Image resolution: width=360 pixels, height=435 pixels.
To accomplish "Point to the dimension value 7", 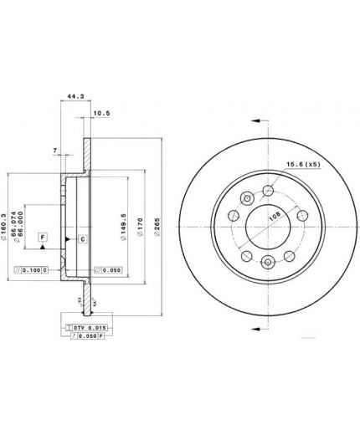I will tap(54, 151).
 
